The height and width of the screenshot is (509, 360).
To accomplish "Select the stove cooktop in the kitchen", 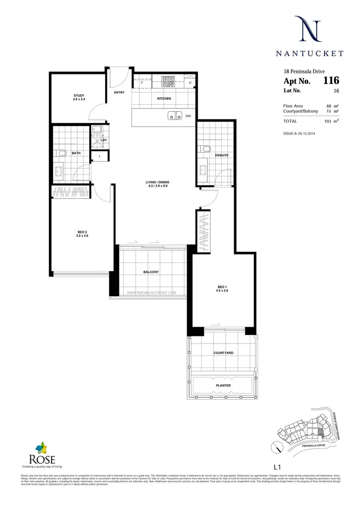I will (x=169, y=81).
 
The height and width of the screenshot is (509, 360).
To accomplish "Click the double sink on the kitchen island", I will (x=174, y=115).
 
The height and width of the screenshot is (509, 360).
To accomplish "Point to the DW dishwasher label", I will (x=188, y=116).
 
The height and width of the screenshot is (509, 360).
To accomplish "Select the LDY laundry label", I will (x=103, y=140).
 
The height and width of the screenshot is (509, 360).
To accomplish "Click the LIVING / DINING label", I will (x=157, y=182).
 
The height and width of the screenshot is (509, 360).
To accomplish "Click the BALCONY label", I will (x=151, y=272).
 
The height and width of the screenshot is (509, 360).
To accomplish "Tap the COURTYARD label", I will (x=223, y=353).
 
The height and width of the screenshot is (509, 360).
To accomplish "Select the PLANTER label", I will (x=223, y=385).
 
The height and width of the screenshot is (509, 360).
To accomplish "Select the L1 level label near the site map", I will (x=276, y=466).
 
